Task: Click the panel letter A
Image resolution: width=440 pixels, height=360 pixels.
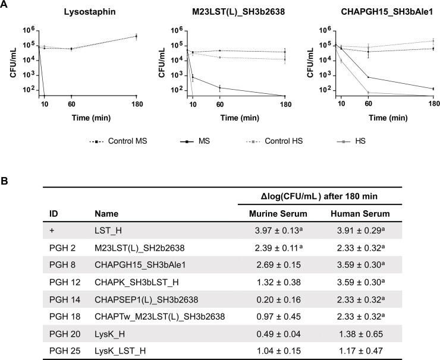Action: click(6, 5)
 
